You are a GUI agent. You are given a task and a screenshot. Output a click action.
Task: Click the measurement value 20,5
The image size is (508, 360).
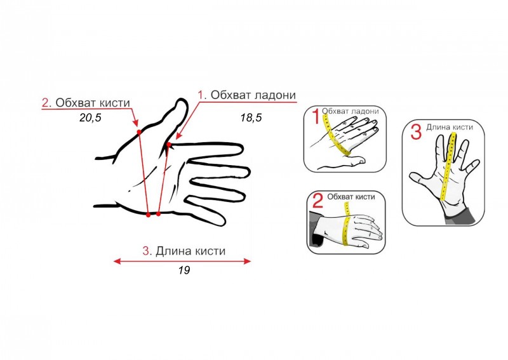90,117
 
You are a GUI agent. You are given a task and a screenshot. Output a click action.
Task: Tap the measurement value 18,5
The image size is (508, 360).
251,117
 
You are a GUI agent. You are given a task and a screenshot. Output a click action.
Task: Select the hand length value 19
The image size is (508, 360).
184,270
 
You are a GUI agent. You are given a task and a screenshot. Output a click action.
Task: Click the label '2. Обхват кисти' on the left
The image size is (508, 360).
86,103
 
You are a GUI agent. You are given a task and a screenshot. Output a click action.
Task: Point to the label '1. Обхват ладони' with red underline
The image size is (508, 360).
247,95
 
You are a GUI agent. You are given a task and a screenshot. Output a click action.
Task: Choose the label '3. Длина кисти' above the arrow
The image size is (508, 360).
184,251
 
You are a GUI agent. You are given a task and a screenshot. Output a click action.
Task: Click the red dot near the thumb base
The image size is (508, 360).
169,145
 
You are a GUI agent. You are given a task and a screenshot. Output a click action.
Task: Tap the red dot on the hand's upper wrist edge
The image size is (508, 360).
139,132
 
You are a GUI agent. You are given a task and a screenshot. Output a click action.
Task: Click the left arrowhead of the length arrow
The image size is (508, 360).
117,261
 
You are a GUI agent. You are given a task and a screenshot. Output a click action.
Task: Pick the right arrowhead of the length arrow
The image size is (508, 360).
248,261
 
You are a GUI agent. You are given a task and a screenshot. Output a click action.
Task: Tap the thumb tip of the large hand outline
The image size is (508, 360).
182,100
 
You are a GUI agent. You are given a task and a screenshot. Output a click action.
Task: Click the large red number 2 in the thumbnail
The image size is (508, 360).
318,200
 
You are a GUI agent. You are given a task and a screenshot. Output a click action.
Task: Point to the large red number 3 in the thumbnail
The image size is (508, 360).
416,131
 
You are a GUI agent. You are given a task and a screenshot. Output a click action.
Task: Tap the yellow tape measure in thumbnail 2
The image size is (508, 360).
347,223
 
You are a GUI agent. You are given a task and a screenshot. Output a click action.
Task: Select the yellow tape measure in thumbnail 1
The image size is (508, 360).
336,135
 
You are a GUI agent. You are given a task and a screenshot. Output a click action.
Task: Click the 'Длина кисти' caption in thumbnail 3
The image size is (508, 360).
450,127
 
